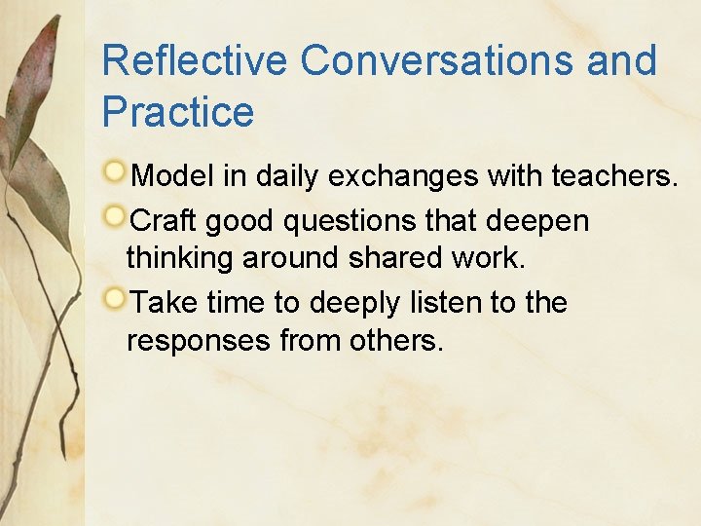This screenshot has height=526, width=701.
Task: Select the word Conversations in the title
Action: coord(436,60)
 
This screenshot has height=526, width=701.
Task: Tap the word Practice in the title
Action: coord(177,112)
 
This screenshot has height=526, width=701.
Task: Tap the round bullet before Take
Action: coord(115,298)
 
